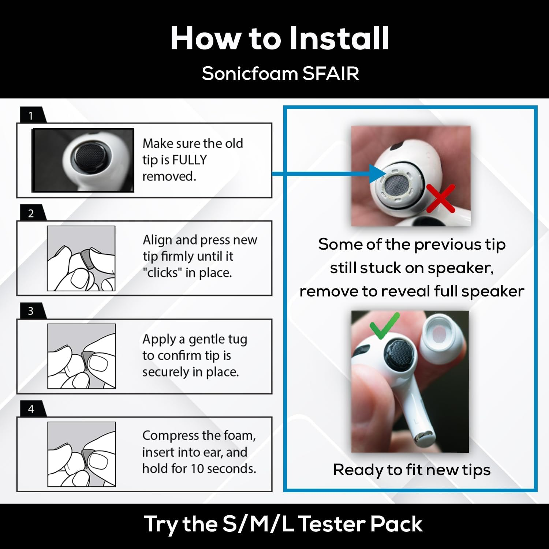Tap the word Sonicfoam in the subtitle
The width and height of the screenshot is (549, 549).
(x=250, y=73)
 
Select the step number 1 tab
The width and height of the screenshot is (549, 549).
(x=32, y=115)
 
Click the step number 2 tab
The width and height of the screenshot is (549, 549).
(x=32, y=213)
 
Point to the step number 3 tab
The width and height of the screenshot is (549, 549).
(x=32, y=311)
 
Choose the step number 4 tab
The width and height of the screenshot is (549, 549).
(x=32, y=409)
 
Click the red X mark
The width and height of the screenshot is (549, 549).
(x=441, y=198)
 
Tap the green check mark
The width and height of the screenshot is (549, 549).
(x=384, y=325)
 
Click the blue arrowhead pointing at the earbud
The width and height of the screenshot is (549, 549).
(x=377, y=173)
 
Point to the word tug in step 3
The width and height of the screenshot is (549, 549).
(x=238, y=340)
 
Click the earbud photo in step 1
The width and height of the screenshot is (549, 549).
(x=83, y=160)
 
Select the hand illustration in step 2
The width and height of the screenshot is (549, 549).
(x=81, y=258)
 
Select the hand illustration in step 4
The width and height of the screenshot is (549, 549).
(x=82, y=454)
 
